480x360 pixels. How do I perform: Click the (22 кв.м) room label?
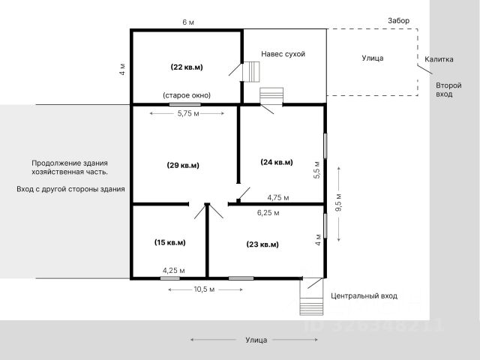point(187,67)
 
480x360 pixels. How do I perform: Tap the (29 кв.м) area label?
point(183,165)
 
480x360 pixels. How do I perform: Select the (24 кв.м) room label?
point(277,162)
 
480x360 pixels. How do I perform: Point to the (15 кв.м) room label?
point(170,242)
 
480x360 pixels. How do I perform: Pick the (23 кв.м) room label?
point(262,244)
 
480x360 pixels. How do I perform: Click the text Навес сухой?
point(283,54)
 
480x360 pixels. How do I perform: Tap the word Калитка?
point(439,59)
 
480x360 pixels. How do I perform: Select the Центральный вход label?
point(364,296)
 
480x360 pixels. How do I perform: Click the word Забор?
point(398,20)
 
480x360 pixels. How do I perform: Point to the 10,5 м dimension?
point(204,289)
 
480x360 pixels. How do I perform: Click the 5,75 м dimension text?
point(188,113)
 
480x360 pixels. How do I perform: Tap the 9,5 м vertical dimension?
point(338,202)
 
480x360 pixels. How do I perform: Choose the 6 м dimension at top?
point(188,22)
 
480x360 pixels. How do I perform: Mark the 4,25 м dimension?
point(173,271)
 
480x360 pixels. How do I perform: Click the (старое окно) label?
point(187,95)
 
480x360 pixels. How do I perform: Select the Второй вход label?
point(448,90)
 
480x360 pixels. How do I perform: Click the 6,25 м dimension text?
point(268,213)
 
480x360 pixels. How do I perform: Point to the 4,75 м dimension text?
point(278,198)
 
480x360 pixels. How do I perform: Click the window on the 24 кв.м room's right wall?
point(325,145)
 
